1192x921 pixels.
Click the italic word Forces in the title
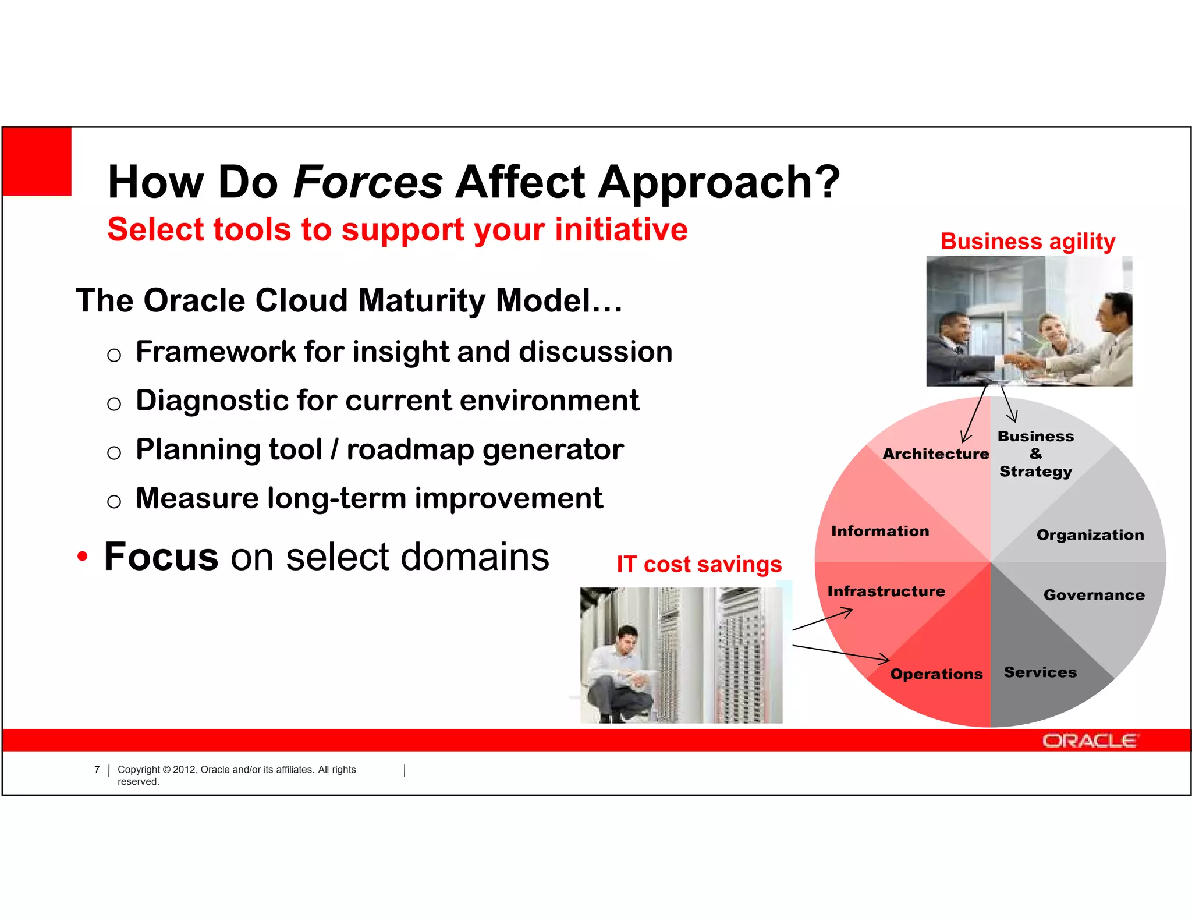(368, 182)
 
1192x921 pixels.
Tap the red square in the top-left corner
(37, 162)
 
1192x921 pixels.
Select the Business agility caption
(1027, 241)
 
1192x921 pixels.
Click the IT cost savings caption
(698, 564)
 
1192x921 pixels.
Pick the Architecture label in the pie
(935, 454)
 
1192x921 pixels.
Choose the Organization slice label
(1090, 535)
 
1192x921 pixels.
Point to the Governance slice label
(1094, 595)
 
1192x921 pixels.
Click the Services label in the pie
(1040, 672)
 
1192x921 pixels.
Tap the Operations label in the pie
(936, 674)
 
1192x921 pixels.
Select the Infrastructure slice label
(886, 591)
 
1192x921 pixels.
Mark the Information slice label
(880, 531)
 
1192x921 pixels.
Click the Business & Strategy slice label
(1035, 454)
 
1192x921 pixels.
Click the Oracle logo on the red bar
(1089, 741)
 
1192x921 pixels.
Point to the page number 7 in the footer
(97, 770)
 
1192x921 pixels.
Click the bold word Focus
(161, 557)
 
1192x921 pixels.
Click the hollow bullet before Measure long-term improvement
(114, 501)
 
